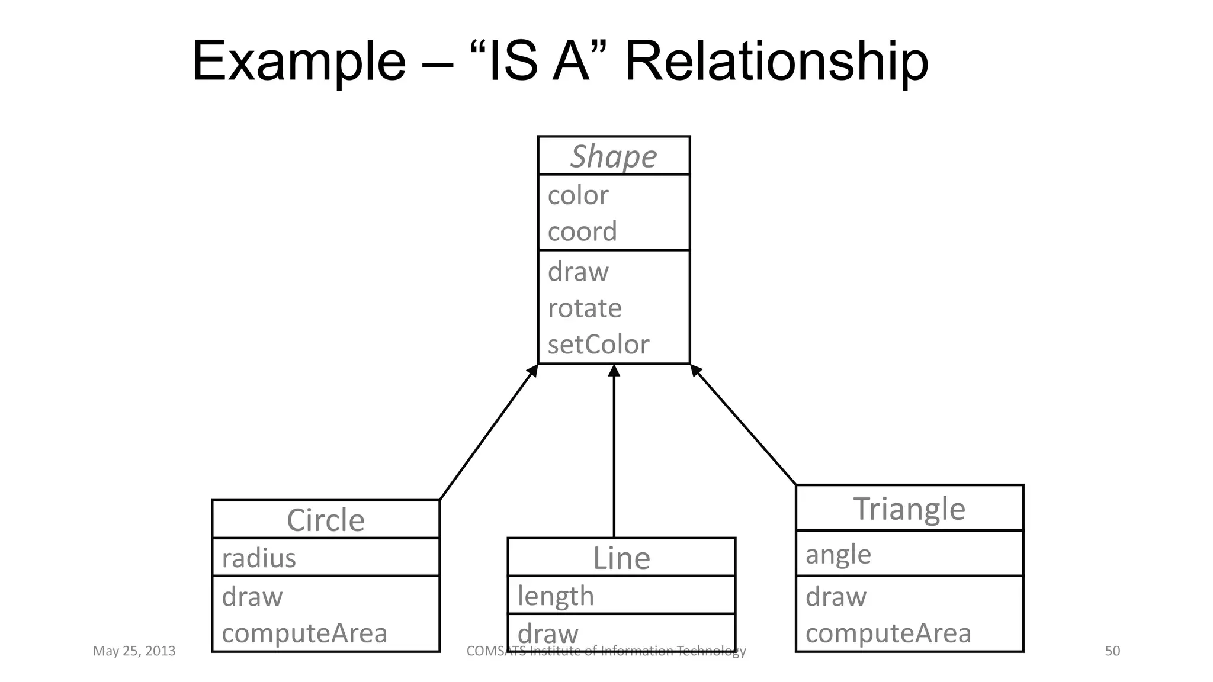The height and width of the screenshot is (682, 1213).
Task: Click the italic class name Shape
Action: click(614, 156)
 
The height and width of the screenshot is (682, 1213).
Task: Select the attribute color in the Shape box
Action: click(577, 195)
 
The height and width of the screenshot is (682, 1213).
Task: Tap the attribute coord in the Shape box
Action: click(582, 231)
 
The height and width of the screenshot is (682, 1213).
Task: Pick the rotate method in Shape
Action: click(585, 308)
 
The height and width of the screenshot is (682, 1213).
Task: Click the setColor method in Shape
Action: click(598, 345)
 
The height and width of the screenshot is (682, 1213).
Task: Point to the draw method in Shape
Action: click(578, 272)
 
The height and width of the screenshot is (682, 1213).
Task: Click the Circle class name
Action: click(325, 520)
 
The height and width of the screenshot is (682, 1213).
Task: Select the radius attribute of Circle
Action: click(259, 558)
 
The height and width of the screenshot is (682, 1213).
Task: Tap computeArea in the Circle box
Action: click(304, 633)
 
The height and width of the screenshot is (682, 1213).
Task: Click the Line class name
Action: click(621, 558)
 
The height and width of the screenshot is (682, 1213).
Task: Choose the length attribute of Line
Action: click(556, 596)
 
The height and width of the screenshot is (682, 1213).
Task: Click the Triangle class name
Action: click(909, 509)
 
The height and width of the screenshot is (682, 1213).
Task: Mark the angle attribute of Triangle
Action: click(838, 555)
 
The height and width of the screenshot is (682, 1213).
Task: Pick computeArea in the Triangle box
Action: click(888, 633)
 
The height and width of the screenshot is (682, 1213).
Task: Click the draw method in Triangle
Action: click(836, 597)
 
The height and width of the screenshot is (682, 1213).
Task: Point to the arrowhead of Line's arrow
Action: click(614, 371)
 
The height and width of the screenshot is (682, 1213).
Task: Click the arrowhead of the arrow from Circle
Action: click(532, 371)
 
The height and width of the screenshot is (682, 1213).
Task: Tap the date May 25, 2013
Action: click(134, 651)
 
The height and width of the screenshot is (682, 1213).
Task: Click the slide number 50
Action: click(1112, 651)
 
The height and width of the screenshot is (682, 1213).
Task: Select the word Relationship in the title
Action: click(776, 61)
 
